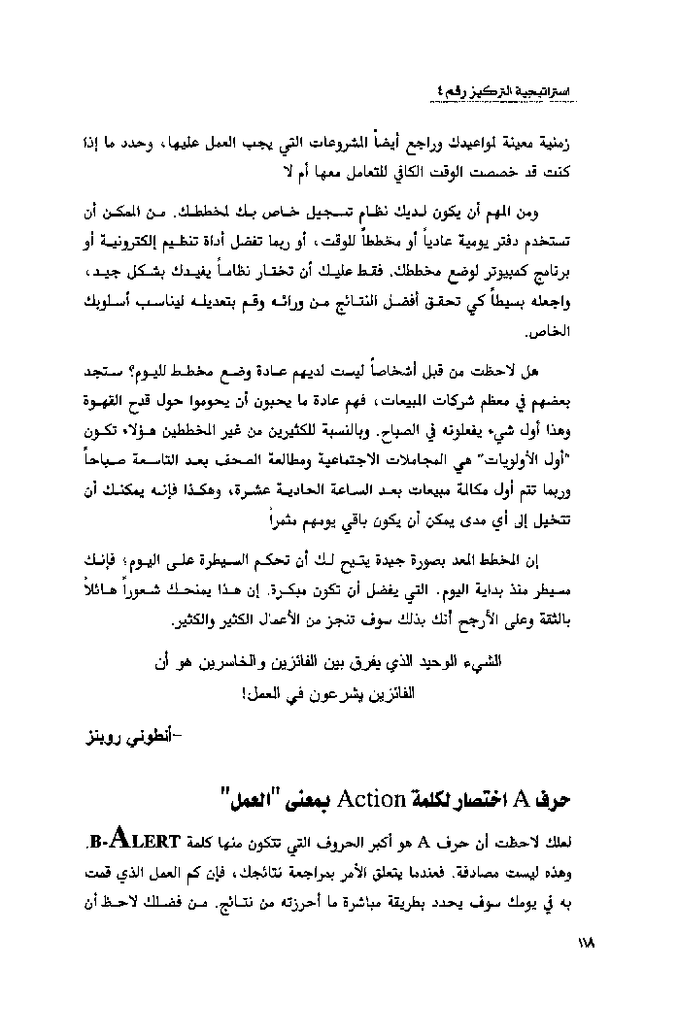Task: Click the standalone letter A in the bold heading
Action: (547, 800)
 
